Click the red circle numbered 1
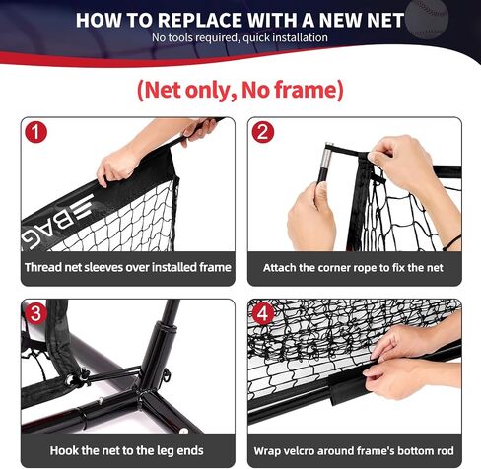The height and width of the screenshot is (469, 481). pyautogui.click(x=36, y=132)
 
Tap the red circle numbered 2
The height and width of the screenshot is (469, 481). pyautogui.click(x=263, y=132)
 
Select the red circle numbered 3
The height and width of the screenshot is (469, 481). pyautogui.click(x=36, y=313)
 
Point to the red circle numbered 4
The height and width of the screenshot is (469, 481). pyautogui.click(x=263, y=313)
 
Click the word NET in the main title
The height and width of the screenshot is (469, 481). pyautogui.click(x=385, y=20)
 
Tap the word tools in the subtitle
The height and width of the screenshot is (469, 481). pyautogui.click(x=180, y=37)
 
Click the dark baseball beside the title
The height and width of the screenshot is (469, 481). pyautogui.click(x=427, y=18)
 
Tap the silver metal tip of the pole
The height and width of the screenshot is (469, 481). pyautogui.click(x=328, y=155)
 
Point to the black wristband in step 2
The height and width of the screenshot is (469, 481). pyautogui.click(x=452, y=242)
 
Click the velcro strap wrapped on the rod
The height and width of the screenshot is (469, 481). pyautogui.click(x=347, y=386)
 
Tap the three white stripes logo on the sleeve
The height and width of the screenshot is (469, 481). pyautogui.click(x=84, y=206)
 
